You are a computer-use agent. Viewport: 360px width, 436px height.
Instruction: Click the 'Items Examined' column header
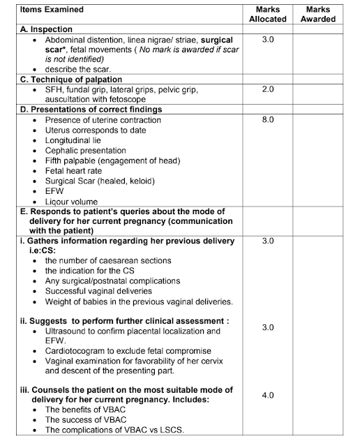41,10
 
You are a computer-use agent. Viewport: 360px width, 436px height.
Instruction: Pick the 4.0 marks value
267,396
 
